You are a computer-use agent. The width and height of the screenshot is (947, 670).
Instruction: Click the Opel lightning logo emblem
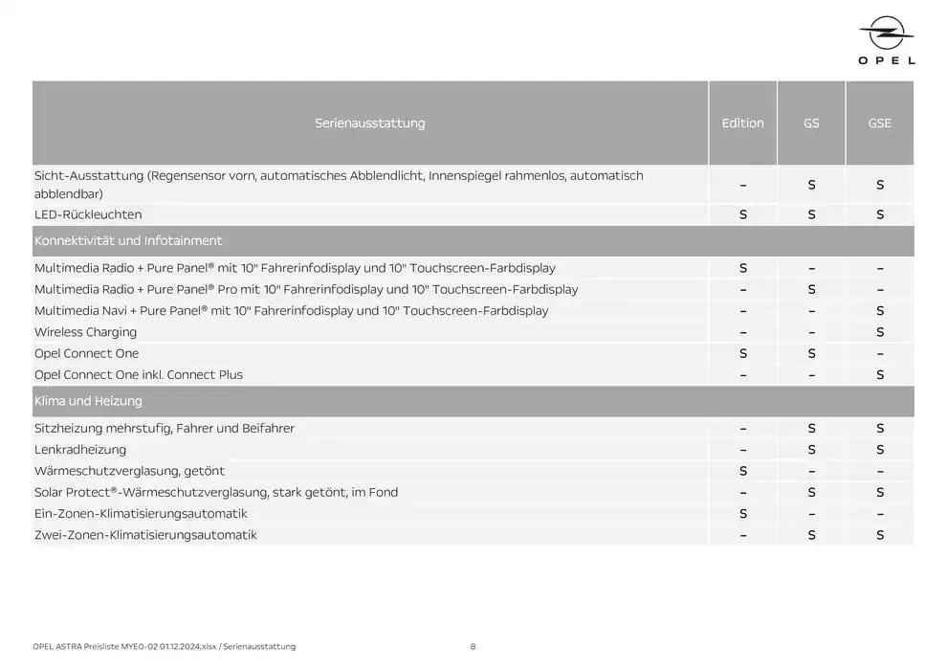click(x=887, y=35)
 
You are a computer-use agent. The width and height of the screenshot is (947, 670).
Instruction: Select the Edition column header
click(x=742, y=123)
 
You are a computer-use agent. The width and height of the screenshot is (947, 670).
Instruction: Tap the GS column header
click(x=811, y=123)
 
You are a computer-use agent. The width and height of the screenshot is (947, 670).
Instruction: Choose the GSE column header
click(x=879, y=123)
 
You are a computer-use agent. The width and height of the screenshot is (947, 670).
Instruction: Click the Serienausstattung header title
click(x=369, y=123)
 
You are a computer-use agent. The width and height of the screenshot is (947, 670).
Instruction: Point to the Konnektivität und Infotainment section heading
click(x=128, y=241)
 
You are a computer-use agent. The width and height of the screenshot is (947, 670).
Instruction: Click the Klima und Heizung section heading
click(x=88, y=401)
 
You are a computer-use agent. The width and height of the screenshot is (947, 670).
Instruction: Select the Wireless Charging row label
click(x=85, y=332)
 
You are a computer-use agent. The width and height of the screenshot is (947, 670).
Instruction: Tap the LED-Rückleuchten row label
click(x=88, y=214)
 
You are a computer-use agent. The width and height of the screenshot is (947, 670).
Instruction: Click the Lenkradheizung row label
click(x=80, y=450)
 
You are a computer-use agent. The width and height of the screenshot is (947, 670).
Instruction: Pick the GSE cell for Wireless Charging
click(x=880, y=332)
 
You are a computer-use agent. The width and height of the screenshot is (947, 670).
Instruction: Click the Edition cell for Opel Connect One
click(x=743, y=353)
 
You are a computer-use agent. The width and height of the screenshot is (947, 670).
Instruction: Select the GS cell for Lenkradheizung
click(x=811, y=450)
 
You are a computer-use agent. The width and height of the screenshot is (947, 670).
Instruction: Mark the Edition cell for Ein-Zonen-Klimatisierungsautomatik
click(x=743, y=514)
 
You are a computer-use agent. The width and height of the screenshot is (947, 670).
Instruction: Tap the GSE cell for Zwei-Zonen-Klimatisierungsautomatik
click(x=880, y=535)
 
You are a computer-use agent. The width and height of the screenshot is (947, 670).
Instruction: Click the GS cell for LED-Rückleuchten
click(x=811, y=214)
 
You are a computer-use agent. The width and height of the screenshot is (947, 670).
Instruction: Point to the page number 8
click(x=473, y=647)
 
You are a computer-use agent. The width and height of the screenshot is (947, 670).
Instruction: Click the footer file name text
click(x=164, y=647)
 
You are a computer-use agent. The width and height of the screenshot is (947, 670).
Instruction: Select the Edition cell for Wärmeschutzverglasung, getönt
click(x=743, y=471)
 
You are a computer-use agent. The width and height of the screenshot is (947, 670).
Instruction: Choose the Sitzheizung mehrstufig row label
click(x=164, y=429)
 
